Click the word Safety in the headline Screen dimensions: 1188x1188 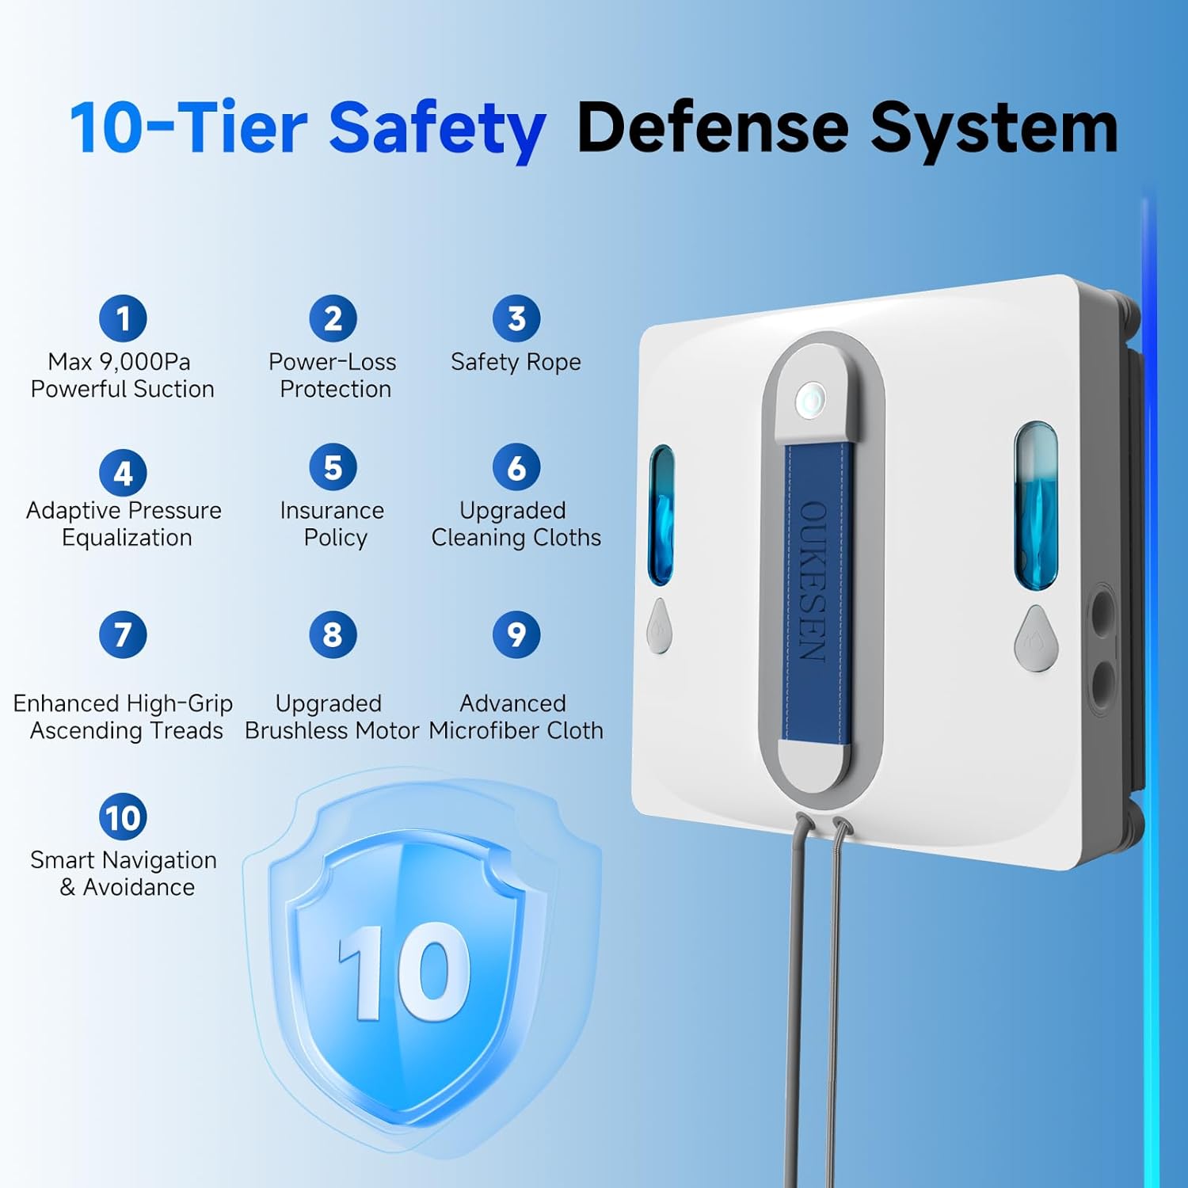[x=437, y=128]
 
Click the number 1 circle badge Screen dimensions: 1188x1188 [x=123, y=318]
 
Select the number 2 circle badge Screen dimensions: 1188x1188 [x=333, y=318]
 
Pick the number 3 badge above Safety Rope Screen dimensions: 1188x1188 [x=516, y=318]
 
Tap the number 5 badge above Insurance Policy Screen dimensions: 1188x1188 [x=333, y=467]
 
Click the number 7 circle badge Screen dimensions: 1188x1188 [x=123, y=634]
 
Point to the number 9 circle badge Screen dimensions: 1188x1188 [x=516, y=634]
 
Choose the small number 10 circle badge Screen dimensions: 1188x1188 [x=123, y=817]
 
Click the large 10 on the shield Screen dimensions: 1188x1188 [x=405, y=971]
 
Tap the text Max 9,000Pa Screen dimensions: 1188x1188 [x=119, y=362]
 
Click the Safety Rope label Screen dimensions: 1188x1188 [x=516, y=363]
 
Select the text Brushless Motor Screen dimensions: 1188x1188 [x=332, y=730]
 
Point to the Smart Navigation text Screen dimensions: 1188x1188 [x=124, y=860]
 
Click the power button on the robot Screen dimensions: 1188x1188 [x=810, y=400]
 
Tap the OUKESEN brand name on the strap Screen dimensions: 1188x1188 [x=813, y=581]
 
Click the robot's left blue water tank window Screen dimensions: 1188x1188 [x=661, y=515]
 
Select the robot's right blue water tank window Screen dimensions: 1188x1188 [x=1036, y=506]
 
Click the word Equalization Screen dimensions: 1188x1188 [x=127, y=538]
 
